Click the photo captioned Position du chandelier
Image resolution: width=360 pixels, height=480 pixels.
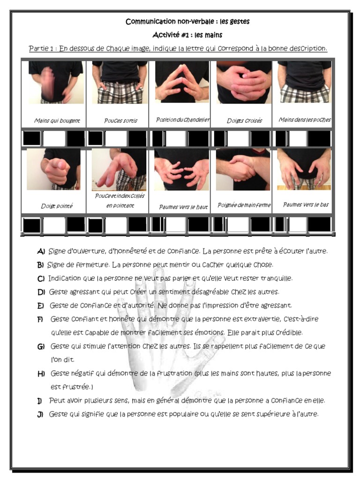click(x=182, y=82)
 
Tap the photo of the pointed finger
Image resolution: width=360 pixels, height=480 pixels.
click(x=54, y=169)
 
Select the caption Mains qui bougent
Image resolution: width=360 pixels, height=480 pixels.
click(x=57, y=120)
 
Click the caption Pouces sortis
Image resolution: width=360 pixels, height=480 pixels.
click(x=120, y=120)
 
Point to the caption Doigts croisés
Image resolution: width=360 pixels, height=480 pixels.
click(x=244, y=120)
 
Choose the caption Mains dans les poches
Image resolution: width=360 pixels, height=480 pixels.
click(x=305, y=120)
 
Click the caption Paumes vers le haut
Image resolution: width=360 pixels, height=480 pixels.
click(x=183, y=207)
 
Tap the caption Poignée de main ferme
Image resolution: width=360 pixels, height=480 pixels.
click(x=244, y=205)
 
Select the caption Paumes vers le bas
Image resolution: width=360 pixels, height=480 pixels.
click(x=306, y=204)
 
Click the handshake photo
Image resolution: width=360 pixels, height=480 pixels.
click(x=243, y=169)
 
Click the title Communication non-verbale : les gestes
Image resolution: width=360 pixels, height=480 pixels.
click(x=187, y=22)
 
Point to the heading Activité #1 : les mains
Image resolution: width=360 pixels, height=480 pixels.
click(x=187, y=35)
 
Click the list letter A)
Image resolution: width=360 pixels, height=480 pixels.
click(x=41, y=251)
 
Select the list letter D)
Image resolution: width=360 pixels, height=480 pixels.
click(x=41, y=292)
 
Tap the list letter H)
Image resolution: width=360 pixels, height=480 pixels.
click(x=41, y=374)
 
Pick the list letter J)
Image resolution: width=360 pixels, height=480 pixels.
click(x=40, y=414)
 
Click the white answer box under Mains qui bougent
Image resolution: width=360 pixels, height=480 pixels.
click(x=54, y=138)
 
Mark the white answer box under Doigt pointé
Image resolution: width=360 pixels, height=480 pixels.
click(x=54, y=225)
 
